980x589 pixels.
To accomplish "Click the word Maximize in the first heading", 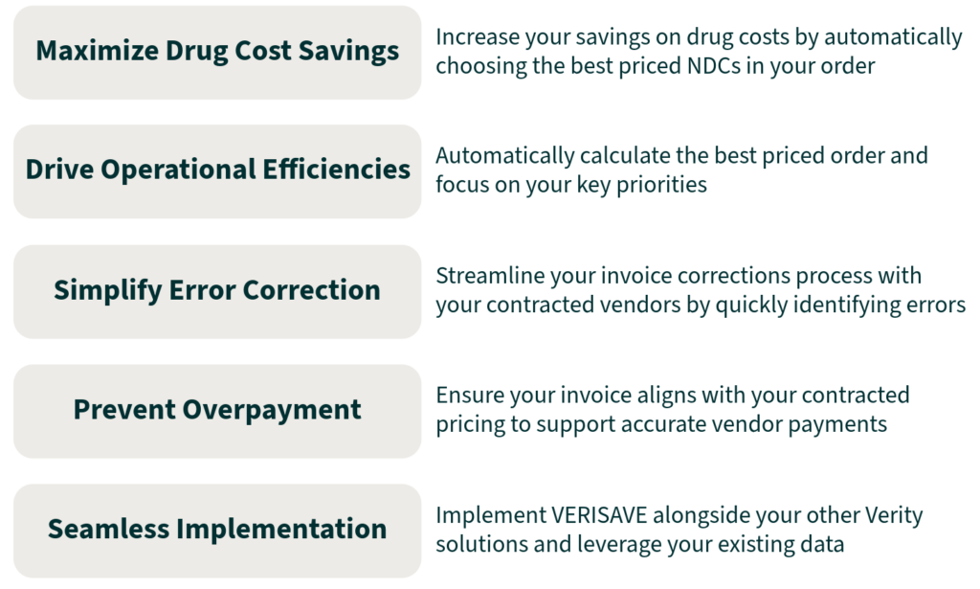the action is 97,51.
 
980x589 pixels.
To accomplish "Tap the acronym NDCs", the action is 713,66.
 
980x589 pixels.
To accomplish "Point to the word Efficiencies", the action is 336,170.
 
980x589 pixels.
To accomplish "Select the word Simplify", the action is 107,290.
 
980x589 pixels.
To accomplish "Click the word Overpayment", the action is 272,410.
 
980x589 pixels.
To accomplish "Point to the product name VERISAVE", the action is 598,515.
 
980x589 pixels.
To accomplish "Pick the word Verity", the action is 893,516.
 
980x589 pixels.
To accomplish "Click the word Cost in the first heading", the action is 263,51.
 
